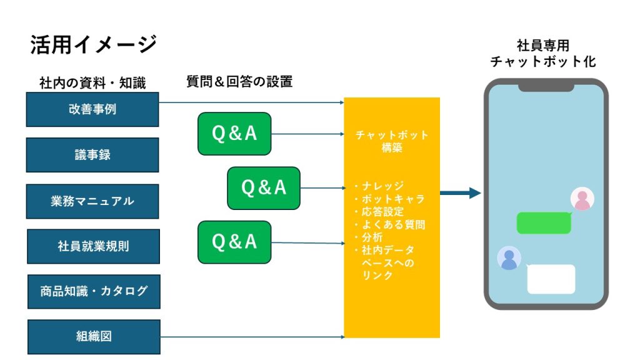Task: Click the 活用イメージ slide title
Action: pyautogui.click(x=94, y=44)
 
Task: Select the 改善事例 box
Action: pyautogui.click(x=92, y=109)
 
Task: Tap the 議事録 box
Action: pyautogui.click(x=92, y=155)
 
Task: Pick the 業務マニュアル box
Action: pyautogui.click(x=92, y=201)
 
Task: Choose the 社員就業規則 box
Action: pyautogui.click(x=94, y=246)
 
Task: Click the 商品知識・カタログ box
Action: pyautogui.click(x=94, y=291)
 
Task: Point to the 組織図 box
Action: pyautogui.click(x=94, y=337)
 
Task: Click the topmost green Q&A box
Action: pyautogui.click(x=234, y=134)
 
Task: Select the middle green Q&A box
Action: pyautogui.click(x=264, y=188)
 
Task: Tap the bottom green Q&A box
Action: pyautogui.click(x=234, y=242)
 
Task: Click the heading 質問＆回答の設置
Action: pyautogui.click(x=239, y=82)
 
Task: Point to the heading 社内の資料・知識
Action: pyautogui.click(x=92, y=83)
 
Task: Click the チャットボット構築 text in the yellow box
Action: pyautogui.click(x=392, y=141)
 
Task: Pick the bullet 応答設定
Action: pyautogui.click(x=379, y=211)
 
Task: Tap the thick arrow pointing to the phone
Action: pyautogui.click(x=461, y=193)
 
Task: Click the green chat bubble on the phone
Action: pyautogui.click(x=544, y=223)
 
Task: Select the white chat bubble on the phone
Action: pyautogui.click(x=551, y=279)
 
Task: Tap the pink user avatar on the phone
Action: pyautogui.click(x=582, y=199)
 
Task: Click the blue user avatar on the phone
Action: pyautogui.click(x=509, y=258)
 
